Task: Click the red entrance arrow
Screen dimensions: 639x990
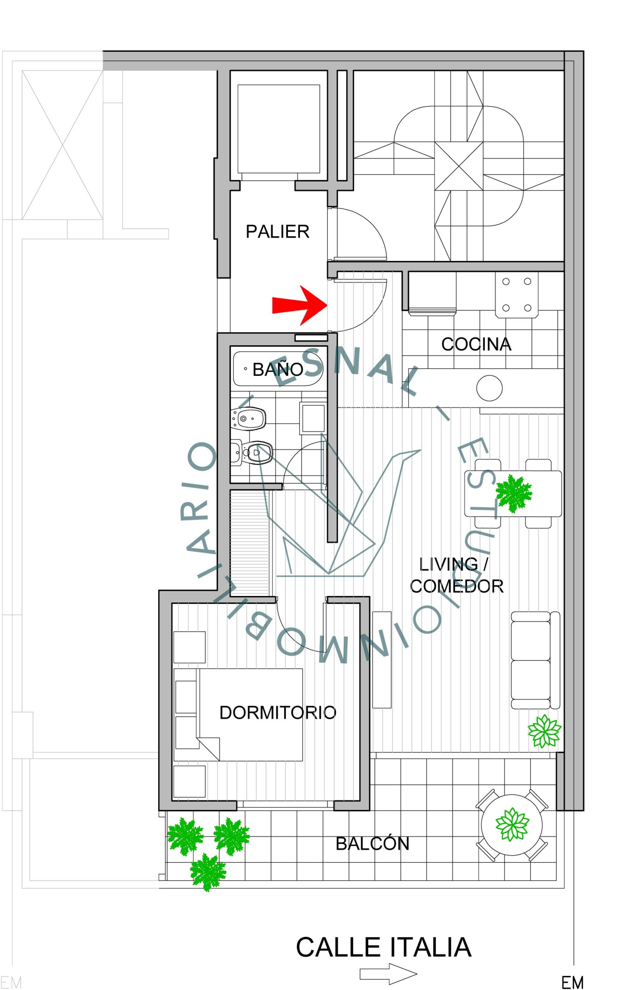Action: (x=300, y=306)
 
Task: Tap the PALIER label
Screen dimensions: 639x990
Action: (x=278, y=231)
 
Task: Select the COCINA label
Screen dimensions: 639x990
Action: (x=476, y=344)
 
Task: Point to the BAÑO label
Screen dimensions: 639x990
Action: (x=278, y=369)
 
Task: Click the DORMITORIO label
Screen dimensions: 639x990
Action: (x=278, y=713)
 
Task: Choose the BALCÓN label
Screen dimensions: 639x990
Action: (x=372, y=843)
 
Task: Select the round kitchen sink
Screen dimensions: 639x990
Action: (x=489, y=388)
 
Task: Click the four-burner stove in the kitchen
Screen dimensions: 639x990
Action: (x=517, y=295)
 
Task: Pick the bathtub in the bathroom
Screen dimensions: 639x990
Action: (x=278, y=369)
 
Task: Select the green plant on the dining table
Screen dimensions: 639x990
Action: (x=514, y=493)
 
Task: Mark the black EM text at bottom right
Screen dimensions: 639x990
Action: (x=572, y=983)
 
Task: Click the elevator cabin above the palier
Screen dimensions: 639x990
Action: (x=278, y=129)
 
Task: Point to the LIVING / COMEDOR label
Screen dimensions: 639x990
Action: (x=456, y=575)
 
